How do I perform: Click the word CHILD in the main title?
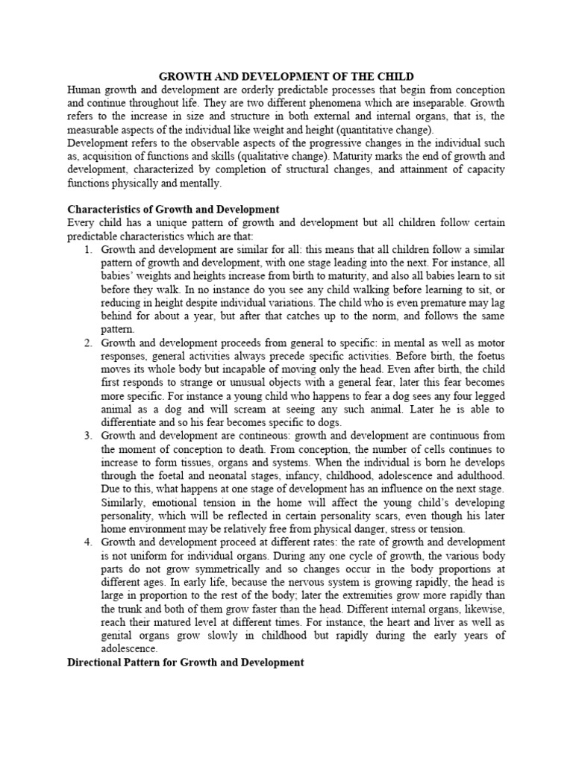tap(392, 76)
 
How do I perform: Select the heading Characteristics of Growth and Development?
tap(173, 210)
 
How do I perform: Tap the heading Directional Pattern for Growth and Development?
tap(186, 662)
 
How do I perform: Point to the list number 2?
tap(88, 342)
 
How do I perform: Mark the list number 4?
tap(88, 541)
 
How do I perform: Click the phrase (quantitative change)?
tap(379, 130)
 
